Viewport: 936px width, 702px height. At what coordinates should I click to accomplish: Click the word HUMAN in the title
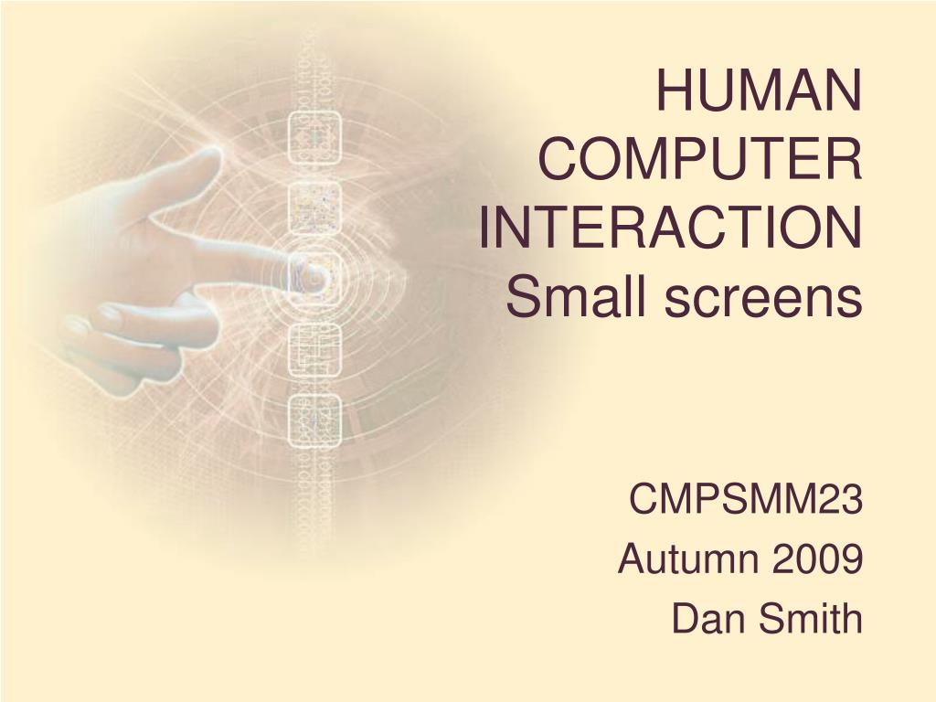coord(760,91)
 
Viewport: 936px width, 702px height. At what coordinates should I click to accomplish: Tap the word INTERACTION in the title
coord(670,228)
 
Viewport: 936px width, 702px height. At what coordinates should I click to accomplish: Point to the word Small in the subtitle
coord(577,297)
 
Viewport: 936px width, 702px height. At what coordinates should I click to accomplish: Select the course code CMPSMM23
coord(746,499)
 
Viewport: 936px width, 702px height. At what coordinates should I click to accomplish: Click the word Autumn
coord(689,559)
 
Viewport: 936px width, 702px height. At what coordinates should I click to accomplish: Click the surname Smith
coord(811,619)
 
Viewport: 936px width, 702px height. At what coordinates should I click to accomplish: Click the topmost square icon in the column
coord(314,138)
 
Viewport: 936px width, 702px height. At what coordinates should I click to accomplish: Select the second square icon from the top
coord(314,207)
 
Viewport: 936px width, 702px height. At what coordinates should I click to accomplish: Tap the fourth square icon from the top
coord(314,350)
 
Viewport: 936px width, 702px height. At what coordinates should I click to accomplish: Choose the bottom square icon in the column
coord(314,420)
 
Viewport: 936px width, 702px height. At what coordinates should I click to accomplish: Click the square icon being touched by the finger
coord(314,278)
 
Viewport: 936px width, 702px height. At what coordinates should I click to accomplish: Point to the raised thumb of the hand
coord(179,173)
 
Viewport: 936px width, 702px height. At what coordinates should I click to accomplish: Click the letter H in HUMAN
coord(672,91)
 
